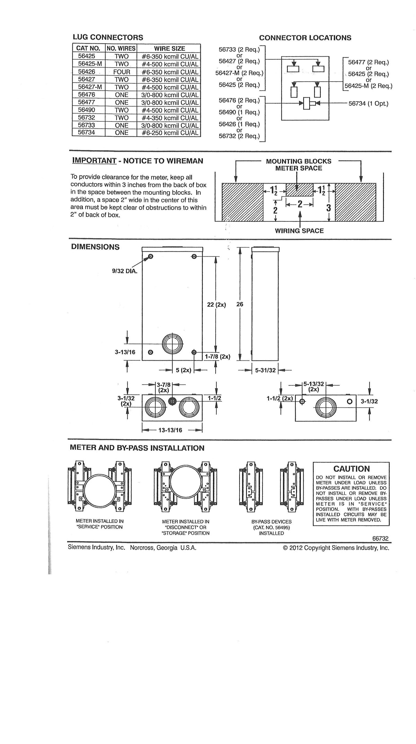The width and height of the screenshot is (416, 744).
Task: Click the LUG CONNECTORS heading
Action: click(x=107, y=37)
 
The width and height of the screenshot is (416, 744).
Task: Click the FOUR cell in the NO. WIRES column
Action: click(x=121, y=72)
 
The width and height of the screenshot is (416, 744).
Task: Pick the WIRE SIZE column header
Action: click(x=169, y=49)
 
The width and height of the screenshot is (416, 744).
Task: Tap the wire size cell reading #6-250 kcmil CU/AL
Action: click(x=170, y=133)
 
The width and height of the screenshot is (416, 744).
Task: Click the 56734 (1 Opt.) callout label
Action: click(x=369, y=103)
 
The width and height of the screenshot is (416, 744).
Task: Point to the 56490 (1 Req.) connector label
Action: click(x=239, y=112)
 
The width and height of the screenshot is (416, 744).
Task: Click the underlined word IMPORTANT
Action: click(x=94, y=161)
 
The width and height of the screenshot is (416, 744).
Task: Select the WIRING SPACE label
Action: click(x=299, y=231)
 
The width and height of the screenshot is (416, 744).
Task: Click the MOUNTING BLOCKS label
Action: click(x=298, y=161)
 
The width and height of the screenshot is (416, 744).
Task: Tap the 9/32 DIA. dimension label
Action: click(x=125, y=271)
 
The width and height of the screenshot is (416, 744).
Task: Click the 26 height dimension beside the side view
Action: click(x=240, y=304)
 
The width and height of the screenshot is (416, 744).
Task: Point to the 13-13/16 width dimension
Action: click(x=170, y=430)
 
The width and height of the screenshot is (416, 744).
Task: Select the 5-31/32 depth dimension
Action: click(x=265, y=370)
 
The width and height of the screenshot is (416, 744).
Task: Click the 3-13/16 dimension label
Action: click(x=125, y=352)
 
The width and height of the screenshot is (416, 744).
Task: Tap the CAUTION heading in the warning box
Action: click(x=352, y=469)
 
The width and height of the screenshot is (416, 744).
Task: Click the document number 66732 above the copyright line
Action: click(x=380, y=539)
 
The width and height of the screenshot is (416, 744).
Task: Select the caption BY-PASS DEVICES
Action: click(x=271, y=522)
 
